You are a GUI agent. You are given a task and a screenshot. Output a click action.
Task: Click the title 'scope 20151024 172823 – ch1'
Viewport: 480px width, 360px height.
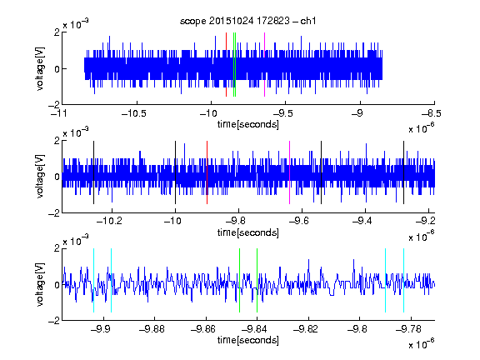click(248, 21)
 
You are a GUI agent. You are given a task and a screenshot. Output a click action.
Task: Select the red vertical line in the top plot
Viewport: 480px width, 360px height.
click(226, 65)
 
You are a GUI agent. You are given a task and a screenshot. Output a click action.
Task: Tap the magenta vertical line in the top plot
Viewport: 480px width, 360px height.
click(264, 65)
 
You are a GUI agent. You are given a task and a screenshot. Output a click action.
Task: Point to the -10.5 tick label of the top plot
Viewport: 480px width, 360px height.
click(134, 113)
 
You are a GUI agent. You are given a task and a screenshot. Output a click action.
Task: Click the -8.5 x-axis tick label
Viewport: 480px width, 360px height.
click(431, 113)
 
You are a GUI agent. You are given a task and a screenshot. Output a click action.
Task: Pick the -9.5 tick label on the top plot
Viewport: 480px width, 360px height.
click(282, 113)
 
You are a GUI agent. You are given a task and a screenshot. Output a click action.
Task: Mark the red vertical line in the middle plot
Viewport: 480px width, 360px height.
click(207, 172)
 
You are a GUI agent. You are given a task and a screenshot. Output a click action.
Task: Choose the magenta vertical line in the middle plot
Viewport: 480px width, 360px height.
click(290, 172)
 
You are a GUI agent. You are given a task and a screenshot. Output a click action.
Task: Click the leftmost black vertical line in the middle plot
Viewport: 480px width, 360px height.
click(93, 172)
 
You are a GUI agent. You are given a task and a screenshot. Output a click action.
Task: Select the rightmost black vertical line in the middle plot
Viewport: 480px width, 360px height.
click(404, 172)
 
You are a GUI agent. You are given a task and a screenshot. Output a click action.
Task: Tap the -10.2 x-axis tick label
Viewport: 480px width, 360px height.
click(109, 221)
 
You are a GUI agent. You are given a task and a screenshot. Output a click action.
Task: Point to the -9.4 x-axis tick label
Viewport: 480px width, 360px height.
click(362, 221)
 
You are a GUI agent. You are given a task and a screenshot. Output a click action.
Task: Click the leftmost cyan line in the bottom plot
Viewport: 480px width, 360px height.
click(93, 280)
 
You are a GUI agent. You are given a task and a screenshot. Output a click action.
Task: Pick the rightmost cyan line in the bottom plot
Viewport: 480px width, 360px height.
click(404, 280)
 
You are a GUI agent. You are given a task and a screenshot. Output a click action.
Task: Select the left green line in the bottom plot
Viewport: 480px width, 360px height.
click(239, 280)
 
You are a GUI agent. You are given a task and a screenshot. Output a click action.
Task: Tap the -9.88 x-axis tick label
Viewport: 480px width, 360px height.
click(152, 329)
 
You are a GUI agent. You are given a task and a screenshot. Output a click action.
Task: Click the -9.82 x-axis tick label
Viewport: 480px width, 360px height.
click(306, 329)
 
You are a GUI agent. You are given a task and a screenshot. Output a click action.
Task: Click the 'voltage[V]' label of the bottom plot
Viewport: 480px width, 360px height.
click(40, 284)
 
